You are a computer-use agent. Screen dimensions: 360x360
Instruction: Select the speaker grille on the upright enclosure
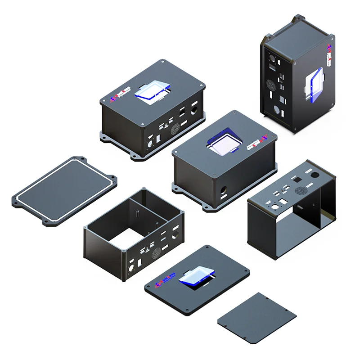click(271, 84)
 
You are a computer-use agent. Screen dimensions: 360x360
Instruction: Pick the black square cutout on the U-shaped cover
click(297, 179)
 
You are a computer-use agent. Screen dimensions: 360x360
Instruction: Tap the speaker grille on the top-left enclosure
click(175, 129)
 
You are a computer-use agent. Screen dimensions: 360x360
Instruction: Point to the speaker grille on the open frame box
click(156, 253)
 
